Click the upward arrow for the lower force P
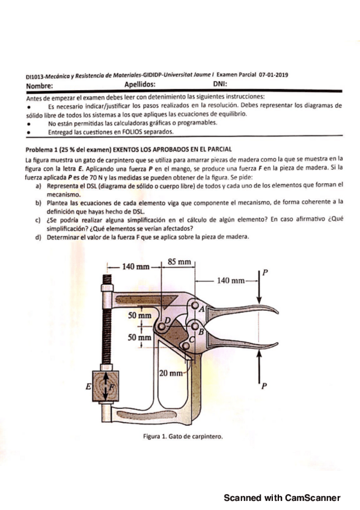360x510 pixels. pyautogui.click(x=260, y=367)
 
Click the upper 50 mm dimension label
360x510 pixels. pyautogui.click(x=141, y=315)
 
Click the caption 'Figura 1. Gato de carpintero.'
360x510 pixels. pyautogui.click(x=180, y=437)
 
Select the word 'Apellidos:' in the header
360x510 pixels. pyautogui.click(x=138, y=85)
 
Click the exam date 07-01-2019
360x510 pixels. pyautogui.click(x=273, y=75)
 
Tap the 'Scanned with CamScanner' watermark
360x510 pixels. pyautogui.click(x=282, y=497)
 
